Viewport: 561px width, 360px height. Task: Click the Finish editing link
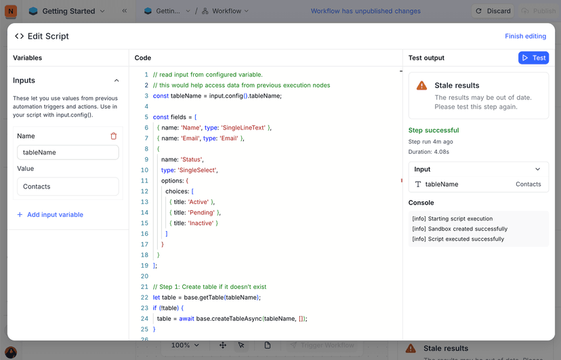(x=525, y=36)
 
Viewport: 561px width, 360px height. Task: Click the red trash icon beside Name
(x=114, y=136)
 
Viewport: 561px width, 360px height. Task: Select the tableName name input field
(x=68, y=153)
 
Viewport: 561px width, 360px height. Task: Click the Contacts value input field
(x=68, y=186)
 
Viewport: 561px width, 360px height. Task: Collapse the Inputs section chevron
(x=117, y=81)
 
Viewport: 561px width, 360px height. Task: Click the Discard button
(x=493, y=11)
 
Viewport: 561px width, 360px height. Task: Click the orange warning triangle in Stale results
(x=422, y=85)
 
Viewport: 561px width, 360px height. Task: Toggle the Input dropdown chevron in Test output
(x=537, y=169)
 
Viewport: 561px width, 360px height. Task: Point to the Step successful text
(x=434, y=130)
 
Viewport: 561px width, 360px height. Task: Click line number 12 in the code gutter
(x=144, y=191)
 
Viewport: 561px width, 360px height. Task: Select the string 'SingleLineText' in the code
(x=243, y=127)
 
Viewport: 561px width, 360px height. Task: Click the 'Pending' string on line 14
(x=201, y=213)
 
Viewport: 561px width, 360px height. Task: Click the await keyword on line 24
(x=187, y=319)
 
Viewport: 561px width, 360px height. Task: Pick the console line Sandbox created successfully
(x=460, y=228)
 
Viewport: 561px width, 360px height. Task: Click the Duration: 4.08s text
(x=429, y=152)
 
